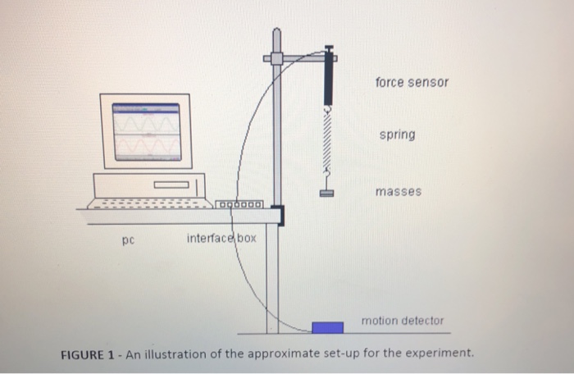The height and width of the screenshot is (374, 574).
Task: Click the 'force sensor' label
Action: [412, 83]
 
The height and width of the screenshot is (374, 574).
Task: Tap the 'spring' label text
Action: [397, 134]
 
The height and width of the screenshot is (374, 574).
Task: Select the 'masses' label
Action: [398, 191]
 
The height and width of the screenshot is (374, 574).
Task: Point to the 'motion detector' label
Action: [402, 321]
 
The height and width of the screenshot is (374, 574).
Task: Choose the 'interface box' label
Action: [221, 238]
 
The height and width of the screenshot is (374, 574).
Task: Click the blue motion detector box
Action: [327, 327]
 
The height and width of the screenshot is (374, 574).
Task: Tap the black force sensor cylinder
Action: [328, 78]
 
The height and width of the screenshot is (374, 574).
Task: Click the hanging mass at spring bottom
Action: [327, 194]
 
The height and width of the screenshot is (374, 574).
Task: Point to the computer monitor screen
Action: [146, 131]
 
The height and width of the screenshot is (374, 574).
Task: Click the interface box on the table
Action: [239, 204]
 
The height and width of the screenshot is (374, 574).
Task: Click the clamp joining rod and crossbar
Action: [276, 59]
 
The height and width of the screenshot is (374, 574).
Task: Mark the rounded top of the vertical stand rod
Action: [276, 33]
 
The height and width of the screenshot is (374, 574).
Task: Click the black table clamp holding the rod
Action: [281, 216]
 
